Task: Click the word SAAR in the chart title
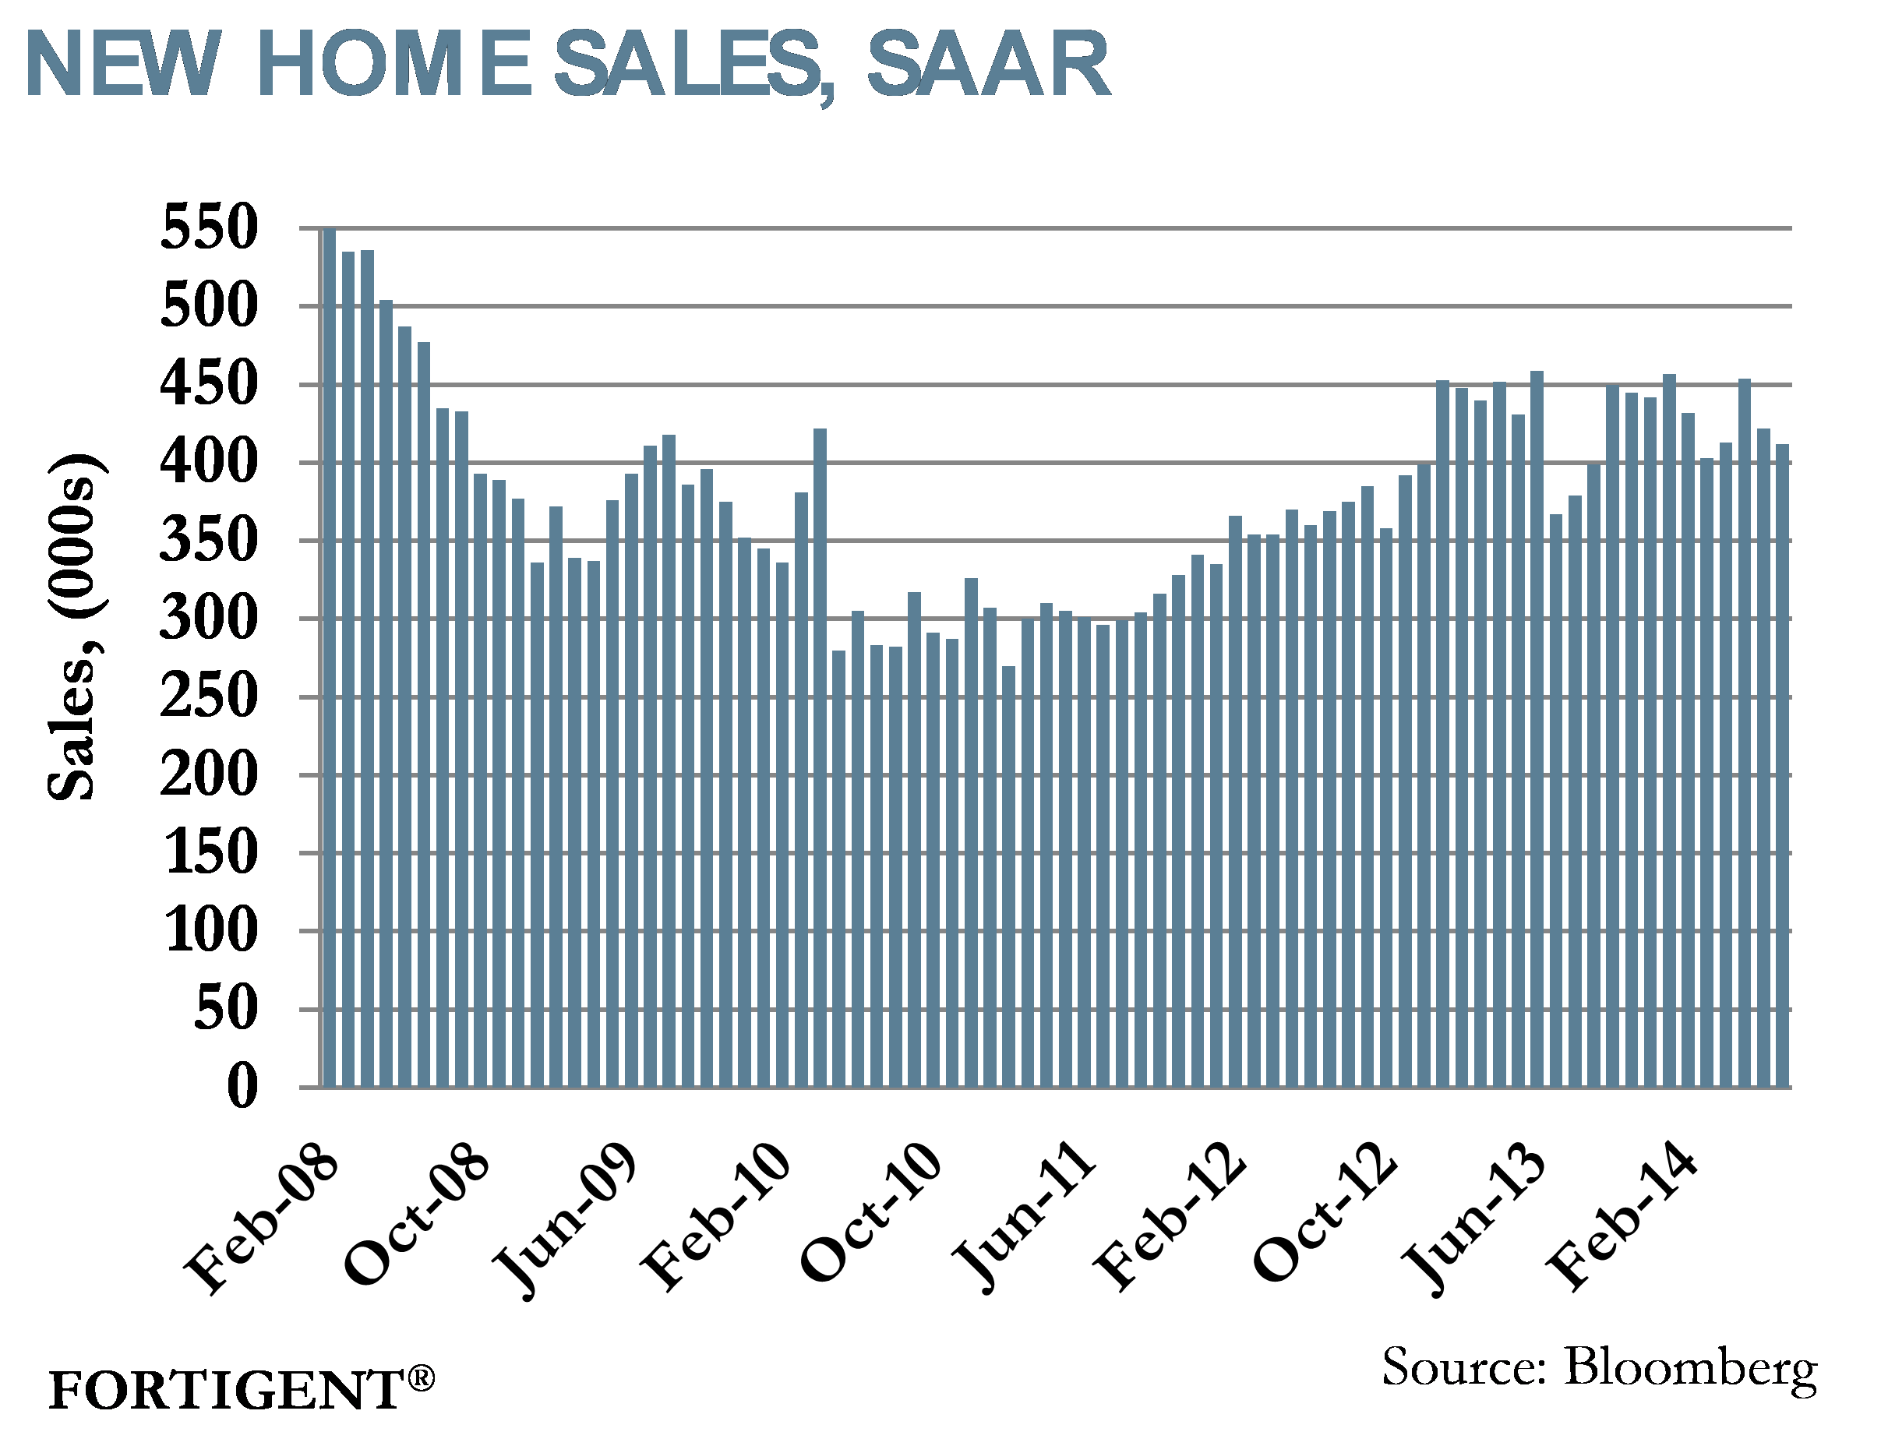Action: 987,65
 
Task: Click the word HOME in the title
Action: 394,65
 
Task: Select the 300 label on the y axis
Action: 209,619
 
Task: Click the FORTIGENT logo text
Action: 225,1391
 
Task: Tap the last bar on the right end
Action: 1782,766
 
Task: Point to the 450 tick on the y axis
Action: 209,385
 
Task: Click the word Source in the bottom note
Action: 1463,1367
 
